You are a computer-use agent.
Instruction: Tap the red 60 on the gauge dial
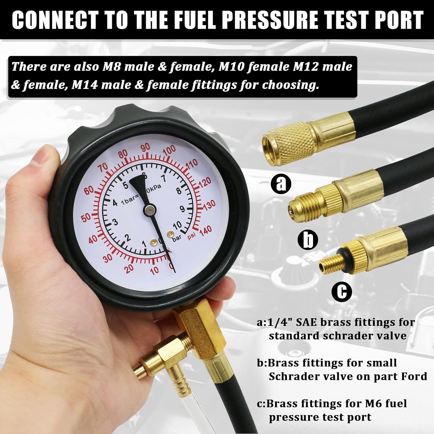pyautogui.click(x=89, y=190)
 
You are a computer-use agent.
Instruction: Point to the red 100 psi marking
pyautogui.click(x=169, y=150)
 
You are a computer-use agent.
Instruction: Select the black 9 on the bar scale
pyautogui.click(x=182, y=209)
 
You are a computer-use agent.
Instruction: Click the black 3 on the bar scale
pyautogui.click(x=115, y=222)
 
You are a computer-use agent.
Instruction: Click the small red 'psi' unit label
pyautogui.click(x=192, y=236)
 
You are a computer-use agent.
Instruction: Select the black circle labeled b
pyautogui.click(x=308, y=240)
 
